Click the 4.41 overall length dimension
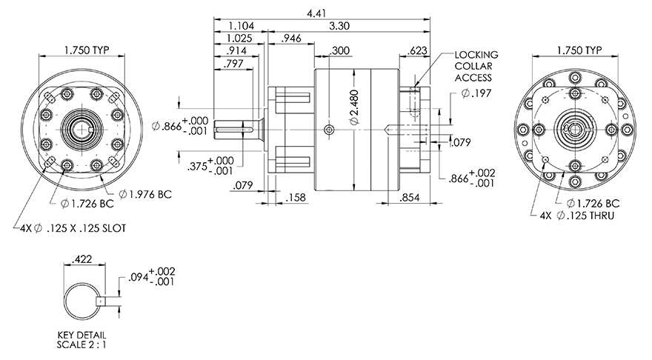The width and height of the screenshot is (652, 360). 316,13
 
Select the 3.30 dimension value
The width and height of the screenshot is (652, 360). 339,26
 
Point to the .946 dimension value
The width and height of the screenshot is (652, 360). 291,39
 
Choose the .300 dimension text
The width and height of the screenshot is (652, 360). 340,50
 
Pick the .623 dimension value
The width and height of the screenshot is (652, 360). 417,50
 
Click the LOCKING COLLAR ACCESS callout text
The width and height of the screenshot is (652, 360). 476,66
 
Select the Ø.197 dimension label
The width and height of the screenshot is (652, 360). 476,93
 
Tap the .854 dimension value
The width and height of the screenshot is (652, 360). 410,198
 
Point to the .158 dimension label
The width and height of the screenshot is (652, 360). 296,197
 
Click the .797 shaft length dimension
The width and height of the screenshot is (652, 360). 233,64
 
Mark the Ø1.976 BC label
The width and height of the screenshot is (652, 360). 145,194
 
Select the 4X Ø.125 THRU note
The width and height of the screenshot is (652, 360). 576,216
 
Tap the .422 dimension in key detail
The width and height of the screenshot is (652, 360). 82,259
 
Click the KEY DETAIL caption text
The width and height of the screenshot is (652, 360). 82,335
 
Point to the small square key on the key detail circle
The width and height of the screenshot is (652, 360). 101,301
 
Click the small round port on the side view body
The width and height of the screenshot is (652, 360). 329,130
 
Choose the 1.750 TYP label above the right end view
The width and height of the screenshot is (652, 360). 579,50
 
